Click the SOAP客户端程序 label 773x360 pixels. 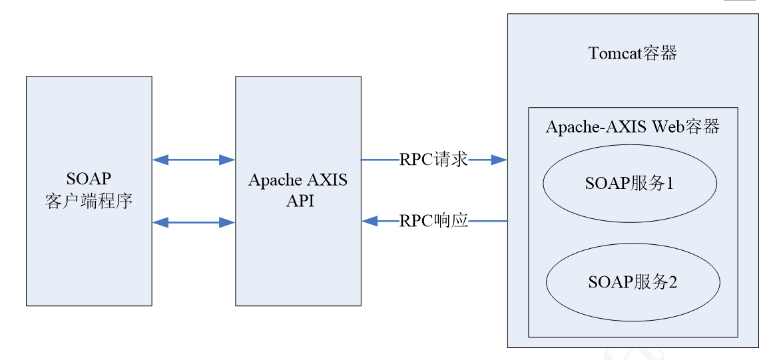point(89,190)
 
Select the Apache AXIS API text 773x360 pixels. point(298,190)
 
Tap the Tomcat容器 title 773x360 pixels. point(633,53)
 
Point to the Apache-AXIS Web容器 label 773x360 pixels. point(633,127)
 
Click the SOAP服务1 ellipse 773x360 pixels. point(630,183)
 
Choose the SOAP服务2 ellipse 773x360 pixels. point(633,282)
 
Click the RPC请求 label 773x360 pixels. point(433,160)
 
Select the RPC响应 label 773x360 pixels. point(433,221)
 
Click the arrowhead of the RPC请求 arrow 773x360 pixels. point(499,160)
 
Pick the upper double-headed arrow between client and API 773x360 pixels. point(193,160)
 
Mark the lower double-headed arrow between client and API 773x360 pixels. point(193,222)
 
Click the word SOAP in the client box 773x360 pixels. point(89,179)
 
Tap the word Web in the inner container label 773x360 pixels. point(666,127)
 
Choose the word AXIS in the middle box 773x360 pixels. point(326,180)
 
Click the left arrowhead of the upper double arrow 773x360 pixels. point(160,160)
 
